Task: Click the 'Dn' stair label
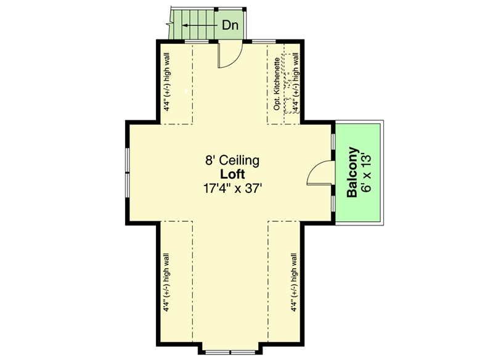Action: [x=230, y=26]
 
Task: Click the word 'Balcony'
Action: [x=352, y=173]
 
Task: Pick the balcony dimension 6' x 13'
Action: [x=367, y=173]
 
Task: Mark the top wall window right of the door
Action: [x=264, y=41]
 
